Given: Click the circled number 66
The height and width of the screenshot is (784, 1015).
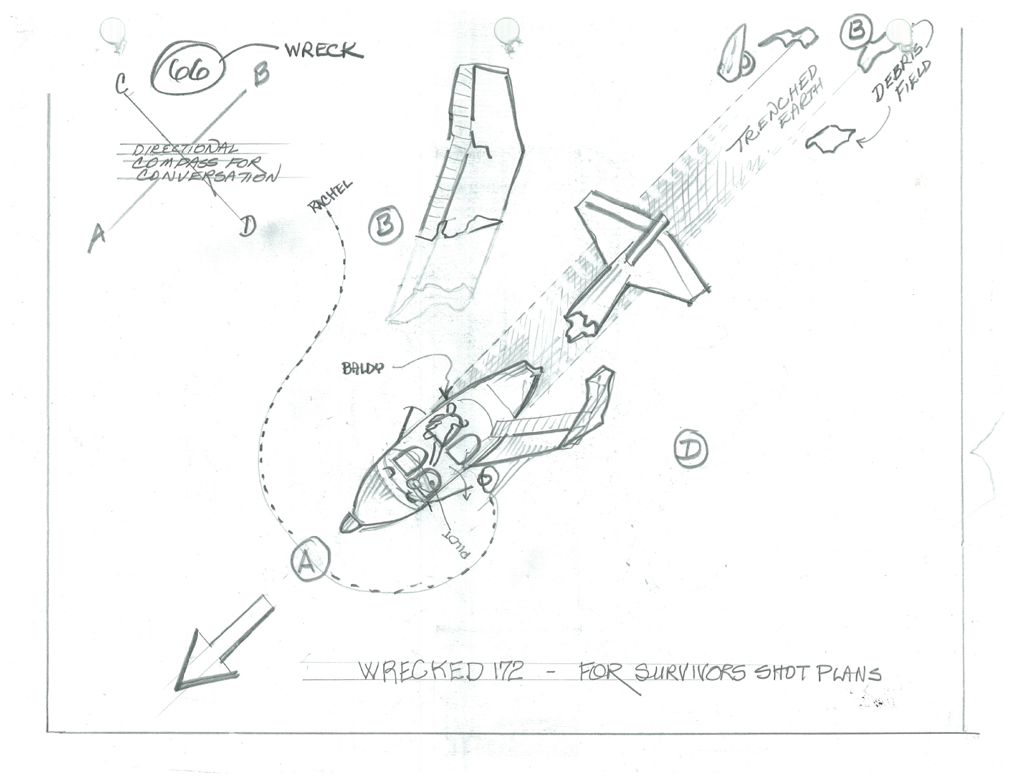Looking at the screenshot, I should [x=188, y=72].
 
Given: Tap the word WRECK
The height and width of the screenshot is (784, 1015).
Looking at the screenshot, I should [x=323, y=50].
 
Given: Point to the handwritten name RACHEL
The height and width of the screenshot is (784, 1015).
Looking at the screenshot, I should [x=329, y=195].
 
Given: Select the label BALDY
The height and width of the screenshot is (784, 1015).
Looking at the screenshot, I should [x=362, y=368].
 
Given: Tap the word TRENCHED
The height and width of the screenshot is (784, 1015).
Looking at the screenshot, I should [x=773, y=109].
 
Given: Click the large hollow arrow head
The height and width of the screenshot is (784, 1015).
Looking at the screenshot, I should [x=202, y=663].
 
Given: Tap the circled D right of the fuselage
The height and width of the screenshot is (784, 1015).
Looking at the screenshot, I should [x=690, y=448].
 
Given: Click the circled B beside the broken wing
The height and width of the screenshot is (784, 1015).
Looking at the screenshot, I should [x=386, y=224].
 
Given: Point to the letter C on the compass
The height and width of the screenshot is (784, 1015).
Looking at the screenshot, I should [x=121, y=84].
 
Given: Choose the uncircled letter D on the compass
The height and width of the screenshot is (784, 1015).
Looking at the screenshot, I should [x=247, y=225].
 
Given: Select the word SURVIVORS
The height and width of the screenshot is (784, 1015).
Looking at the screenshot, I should [x=690, y=672].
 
